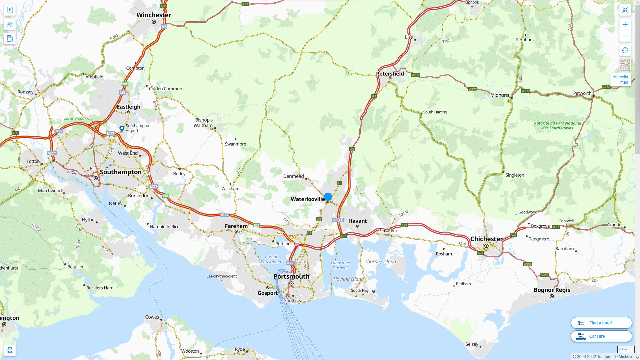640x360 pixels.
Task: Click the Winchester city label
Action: click(x=154, y=15)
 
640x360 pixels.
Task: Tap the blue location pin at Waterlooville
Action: click(x=328, y=197)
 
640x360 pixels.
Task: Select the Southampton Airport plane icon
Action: click(x=122, y=128)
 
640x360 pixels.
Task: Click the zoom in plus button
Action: click(x=625, y=24)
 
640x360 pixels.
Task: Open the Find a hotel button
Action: click(x=601, y=323)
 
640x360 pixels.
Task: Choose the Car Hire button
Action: click(x=601, y=336)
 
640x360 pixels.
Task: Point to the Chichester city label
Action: click(x=486, y=239)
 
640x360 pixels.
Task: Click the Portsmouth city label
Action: click(x=291, y=276)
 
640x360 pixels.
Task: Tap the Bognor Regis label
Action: click(x=552, y=290)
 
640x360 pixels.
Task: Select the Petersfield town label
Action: click(x=390, y=74)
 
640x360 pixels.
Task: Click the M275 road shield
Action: click(x=291, y=263)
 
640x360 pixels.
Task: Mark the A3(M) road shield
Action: click(x=338, y=220)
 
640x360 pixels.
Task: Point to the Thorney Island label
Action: click(x=380, y=262)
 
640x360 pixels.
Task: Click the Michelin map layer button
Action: click(x=621, y=79)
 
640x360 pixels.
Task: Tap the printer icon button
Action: click(x=10, y=350)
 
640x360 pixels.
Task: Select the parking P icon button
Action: click(x=10, y=10)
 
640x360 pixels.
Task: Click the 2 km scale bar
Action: click(x=626, y=349)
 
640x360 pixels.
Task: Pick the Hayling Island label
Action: click(x=348, y=279)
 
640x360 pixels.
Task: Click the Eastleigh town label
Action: click(x=128, y=107)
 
